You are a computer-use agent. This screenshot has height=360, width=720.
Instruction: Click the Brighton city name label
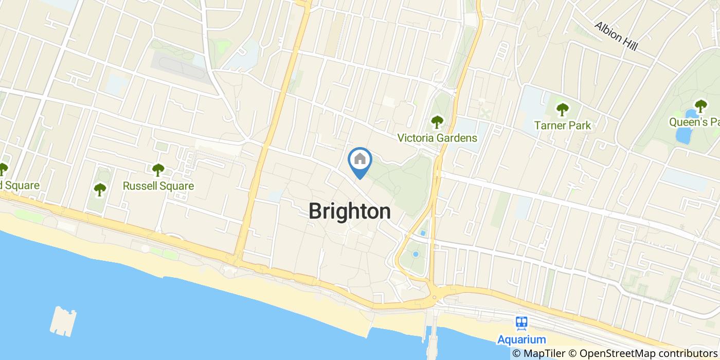(349, 211)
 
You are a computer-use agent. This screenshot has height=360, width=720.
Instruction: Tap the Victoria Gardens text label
(437, 138)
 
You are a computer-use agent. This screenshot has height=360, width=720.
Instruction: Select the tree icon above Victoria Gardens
(437, 122)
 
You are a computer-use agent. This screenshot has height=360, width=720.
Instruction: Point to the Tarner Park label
(562, 125)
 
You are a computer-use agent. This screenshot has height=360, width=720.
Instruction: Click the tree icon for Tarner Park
(562, 109)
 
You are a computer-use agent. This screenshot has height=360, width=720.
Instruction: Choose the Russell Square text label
(158, 186)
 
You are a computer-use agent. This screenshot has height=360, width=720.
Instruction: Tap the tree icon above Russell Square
(158, 169)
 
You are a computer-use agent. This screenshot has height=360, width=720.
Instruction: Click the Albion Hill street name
(616, 36)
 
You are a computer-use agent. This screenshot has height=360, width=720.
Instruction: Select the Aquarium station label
(521, 339)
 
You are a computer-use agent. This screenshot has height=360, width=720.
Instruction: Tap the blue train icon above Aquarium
(521, 323)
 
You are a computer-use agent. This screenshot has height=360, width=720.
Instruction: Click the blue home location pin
(360, 160)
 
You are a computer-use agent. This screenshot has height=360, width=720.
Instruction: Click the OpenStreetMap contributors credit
(649, 353)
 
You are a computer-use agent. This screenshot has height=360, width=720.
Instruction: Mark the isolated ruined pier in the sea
(63, 320)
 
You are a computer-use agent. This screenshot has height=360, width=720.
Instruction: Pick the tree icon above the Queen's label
(700, 106)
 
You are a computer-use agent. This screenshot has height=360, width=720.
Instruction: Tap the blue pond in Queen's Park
(684, 134)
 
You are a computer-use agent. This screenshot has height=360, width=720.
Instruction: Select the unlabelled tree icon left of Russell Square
(99, 190)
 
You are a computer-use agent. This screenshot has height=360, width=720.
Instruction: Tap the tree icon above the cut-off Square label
(3, 169)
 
